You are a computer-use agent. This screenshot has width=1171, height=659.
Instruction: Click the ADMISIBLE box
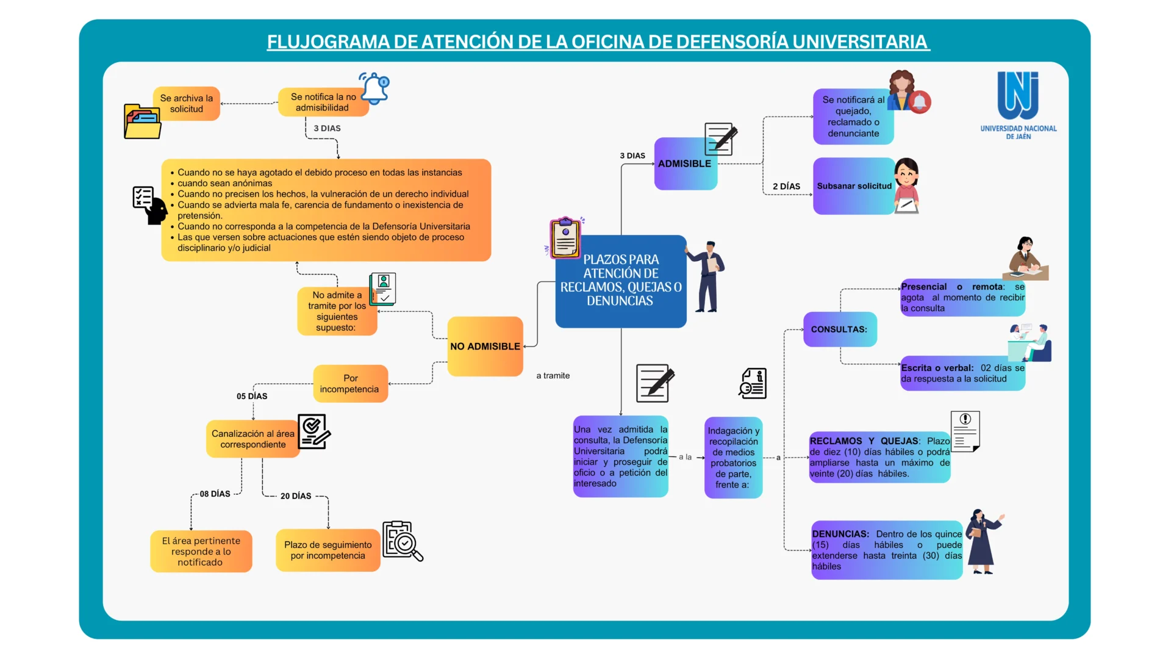click(686, 164)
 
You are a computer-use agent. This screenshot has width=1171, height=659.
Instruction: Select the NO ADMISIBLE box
click(485, 346)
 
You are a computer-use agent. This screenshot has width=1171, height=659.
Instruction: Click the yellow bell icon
click(374, 88)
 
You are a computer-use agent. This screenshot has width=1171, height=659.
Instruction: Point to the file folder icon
click(143, 121)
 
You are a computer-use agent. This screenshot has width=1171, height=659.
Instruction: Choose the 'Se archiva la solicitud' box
click(187, 104)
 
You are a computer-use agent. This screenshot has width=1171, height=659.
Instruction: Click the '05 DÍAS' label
click(252, 396)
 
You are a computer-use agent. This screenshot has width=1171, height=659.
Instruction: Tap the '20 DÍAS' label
click(296, 496)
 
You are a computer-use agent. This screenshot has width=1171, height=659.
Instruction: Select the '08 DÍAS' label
click(215, 494)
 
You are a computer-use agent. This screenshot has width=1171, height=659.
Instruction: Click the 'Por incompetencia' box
click(351, 384)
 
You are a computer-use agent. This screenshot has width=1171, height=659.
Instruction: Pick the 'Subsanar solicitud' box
click(854, 186)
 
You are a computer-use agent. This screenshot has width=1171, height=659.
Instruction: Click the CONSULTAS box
click(840, 329)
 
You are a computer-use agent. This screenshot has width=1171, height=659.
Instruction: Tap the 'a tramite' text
click(553, 376)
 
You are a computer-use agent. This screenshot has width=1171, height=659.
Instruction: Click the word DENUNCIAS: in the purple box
click(840, 534)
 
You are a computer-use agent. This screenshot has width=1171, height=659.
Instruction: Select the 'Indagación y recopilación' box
click(734, 458)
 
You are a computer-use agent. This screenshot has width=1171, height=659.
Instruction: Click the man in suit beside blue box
click(706, 276)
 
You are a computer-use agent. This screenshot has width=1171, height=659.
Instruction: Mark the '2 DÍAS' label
click(787, 186)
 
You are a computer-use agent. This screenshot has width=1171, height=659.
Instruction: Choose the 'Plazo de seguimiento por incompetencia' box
click(328, 550)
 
